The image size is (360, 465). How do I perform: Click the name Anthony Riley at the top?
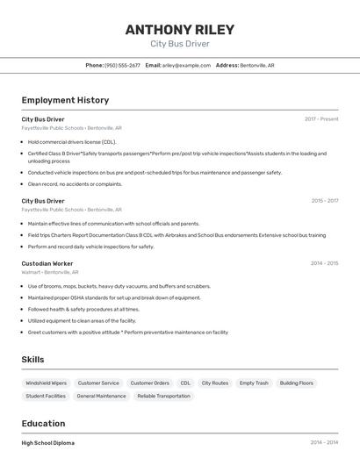click(x=179, y=29)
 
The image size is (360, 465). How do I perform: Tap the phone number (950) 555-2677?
click(x=122, y=65)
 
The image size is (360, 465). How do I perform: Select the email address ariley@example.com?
click(x=184, y=65)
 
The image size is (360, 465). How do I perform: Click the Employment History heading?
click(x=65, y=100)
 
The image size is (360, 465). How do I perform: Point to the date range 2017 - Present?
click(x=321, y=118)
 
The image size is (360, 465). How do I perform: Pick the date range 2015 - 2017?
click(x=324, y=201)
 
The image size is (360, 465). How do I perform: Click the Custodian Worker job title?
click(x=47, y=263)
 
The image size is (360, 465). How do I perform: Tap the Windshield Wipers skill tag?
click(x=46, y=383)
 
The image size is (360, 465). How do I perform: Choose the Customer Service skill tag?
click(x=98, y=383)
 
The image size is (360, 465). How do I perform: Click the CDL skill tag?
click(x=185, y=383)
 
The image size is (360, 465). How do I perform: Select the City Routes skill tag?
click(x=214, y=383)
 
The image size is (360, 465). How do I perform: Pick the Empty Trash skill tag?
click(x=254, y=383)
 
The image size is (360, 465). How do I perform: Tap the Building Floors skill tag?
click(x=296, y=383)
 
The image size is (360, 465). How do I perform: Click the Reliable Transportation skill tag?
click(x=163, y=396)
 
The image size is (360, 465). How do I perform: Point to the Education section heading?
click(x=43, y=423)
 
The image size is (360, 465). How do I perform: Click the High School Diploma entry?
click(x=48, y=443)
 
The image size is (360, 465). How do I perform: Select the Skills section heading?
click(x=32, y=360)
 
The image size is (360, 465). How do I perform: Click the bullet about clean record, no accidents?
click(x=75, y=184)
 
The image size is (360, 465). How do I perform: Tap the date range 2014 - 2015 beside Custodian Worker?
click(x=324, y=263)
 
